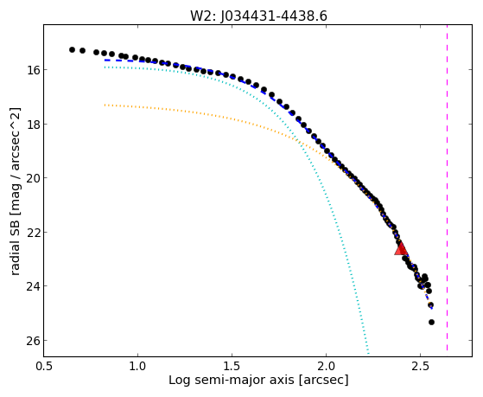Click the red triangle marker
coord(401,248)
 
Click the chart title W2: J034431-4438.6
coord(258,16)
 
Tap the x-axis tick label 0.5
coord(44,366)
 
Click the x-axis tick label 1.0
coord(137,366)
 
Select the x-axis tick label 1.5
coord(232,366)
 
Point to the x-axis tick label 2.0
coord(327,366)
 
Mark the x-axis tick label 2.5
coord(420,366)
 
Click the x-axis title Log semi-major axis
coord(232,380)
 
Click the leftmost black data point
coord(72,49)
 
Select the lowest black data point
coord(431,322)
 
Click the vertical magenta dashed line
coord(447,188)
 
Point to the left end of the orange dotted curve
coord(105,105)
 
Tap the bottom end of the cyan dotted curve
coord(368,353)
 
